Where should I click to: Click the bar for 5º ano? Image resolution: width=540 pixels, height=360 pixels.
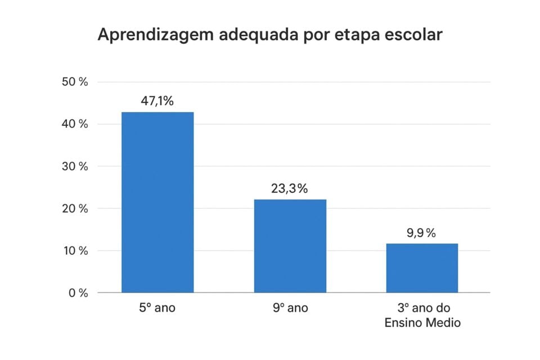[x=157, y=202]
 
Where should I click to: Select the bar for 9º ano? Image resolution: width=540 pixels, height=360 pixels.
[x=290, y=246]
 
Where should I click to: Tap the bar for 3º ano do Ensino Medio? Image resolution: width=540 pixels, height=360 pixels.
[x=422, y=268]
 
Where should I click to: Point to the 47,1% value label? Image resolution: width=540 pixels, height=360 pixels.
[x=157, y=101]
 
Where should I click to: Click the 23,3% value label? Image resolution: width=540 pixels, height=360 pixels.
[x=290, y=189]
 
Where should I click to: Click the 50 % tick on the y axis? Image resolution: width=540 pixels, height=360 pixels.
[x=75, y=82]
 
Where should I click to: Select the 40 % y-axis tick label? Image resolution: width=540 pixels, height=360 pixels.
[x=75, y=124]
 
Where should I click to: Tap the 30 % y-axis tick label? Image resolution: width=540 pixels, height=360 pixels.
[x=75, y=166]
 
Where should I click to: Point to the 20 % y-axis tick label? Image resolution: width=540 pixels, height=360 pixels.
[x=75, y=209]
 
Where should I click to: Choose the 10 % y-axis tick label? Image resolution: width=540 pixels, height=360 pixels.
[x=75, y=251]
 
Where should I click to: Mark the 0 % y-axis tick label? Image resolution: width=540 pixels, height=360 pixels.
[x=78, y=293]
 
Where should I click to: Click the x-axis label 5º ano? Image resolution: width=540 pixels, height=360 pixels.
[x=157, y=309]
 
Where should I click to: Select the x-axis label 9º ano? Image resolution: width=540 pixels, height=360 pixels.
[x=290, y=309]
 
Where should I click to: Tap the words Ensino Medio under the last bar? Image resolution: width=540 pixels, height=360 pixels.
[x=422, y=323]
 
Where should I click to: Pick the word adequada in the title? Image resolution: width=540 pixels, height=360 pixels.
[x=250, y=35]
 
